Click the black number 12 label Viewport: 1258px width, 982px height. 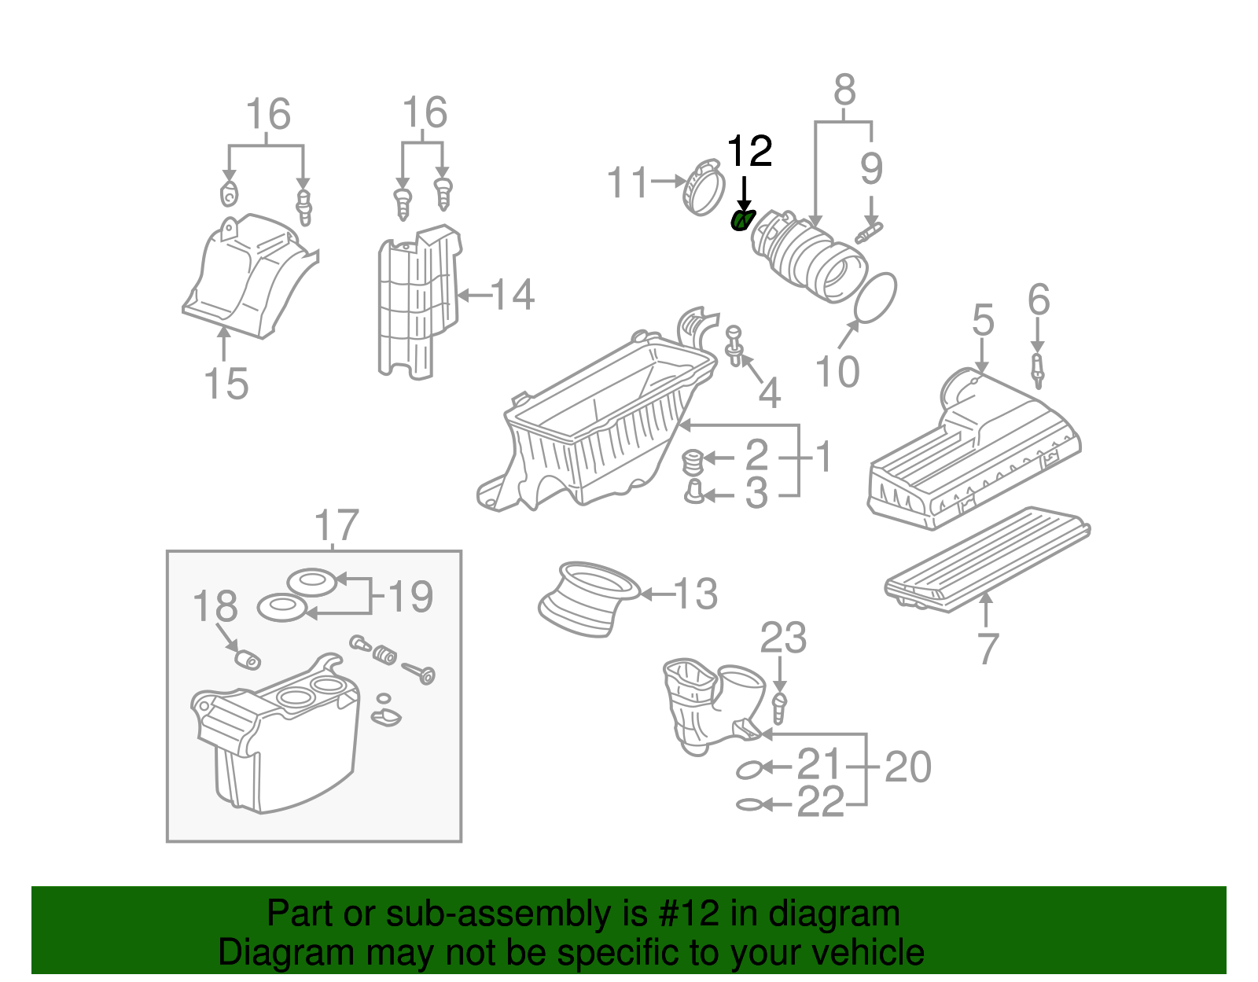(749, 151)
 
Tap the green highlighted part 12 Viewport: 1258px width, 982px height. (741, 221)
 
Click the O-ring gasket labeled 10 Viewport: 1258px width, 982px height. (875, 298)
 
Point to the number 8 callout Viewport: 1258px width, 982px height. (844, 90)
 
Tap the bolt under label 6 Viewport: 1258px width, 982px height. (1038, 370)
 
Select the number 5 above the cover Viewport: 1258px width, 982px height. (983, 320)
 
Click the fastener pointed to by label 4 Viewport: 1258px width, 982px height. (734, 346)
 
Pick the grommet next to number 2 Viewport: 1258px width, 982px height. (692, 462)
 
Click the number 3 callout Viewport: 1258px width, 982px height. (756, 494)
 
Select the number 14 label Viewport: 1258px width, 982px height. (513, 296)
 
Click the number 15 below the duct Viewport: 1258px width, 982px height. (226, 384)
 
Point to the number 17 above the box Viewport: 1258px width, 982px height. (337, 525)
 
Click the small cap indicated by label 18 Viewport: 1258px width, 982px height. (248, 659)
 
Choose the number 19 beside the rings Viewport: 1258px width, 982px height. (410, 597)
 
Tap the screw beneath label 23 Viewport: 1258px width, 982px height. (780, 707)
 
